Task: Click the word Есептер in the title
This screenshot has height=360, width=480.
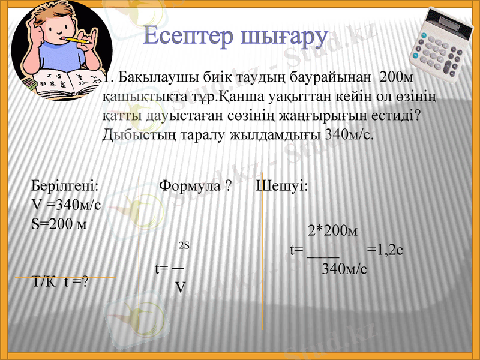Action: (x=190, y=37)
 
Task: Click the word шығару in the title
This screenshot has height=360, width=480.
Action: (x=284, y=38)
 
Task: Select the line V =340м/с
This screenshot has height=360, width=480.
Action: (x=66, y=205)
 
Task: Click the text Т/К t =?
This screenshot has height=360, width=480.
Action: (x=60, y=281)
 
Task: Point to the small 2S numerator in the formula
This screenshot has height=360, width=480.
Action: (x=184, y=245)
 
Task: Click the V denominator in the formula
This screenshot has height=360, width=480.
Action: (x=180, y=287)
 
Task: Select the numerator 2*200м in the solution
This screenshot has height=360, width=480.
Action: (x=333, y=230)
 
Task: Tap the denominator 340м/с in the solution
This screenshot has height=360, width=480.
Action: (x=344, y=268)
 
